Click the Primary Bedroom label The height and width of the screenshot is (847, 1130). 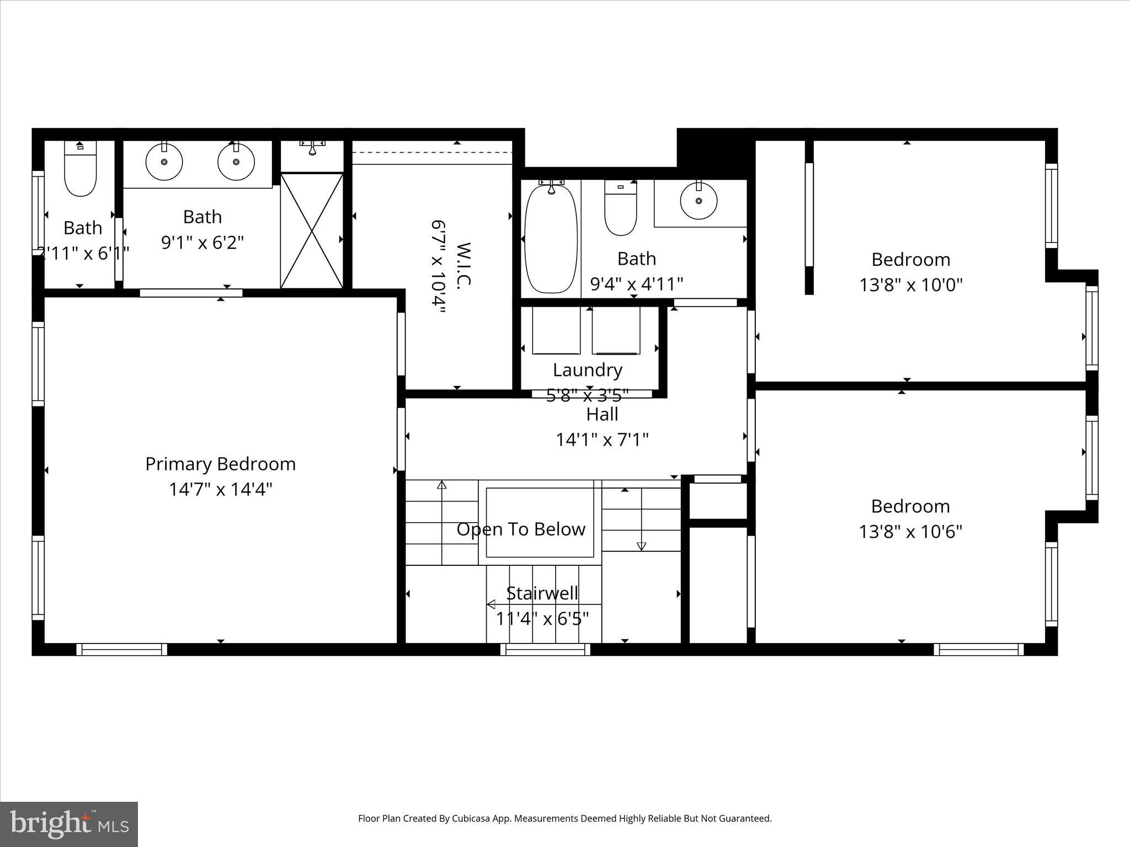(x=220, y=464)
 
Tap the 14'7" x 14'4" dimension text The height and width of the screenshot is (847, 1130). (x=220, y=489)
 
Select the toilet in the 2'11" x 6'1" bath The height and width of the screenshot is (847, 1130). (x=81, y=170)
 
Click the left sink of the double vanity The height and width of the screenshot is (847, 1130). (x=164, y=162)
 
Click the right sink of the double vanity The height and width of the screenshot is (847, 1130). (x=236, y=162)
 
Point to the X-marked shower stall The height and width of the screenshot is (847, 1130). (x=312, y=230)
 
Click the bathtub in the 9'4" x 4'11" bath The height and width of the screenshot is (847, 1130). (x=551, y=238)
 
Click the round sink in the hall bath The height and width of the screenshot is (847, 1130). (x=699, y=201)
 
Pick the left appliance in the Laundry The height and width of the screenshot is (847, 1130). (x=556, y=331)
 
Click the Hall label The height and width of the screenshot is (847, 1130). (x=602, y=414)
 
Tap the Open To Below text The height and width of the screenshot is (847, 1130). (x=521, y=529)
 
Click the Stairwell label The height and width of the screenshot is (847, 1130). (x=542, y=593)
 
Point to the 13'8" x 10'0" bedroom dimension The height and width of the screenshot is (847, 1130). (x=910, y=285)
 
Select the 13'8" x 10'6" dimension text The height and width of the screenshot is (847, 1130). (x=910, y=532)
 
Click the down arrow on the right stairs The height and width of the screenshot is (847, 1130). (x=641, y=545)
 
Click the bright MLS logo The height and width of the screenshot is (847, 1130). (x=69, y=824)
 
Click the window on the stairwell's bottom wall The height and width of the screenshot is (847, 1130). (x=545, y=650)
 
